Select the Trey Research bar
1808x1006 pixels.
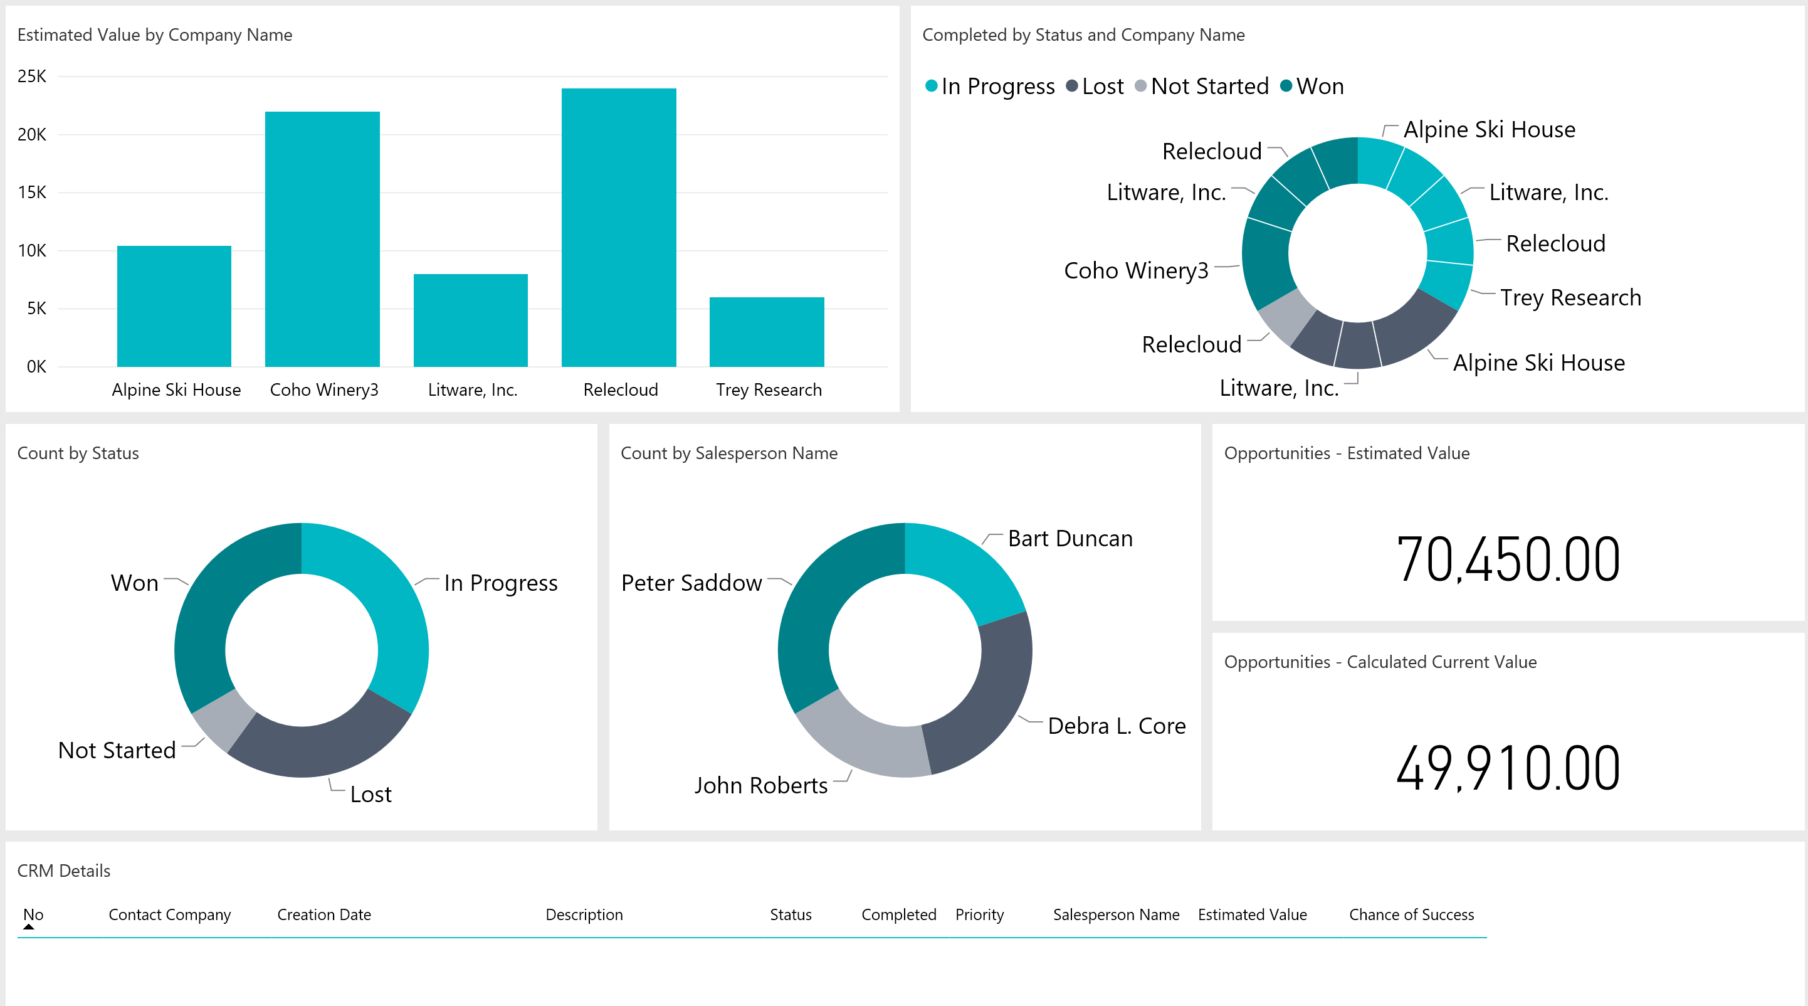(x=767, y=331)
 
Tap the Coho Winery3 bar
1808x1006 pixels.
(x=322, y=239)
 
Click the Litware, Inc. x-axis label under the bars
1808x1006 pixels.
(x=472, y=389)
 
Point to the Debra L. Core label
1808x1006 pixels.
(x=1116, y=726)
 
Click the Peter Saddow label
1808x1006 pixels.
(x=691, y=583)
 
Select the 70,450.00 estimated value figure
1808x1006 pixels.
(x=1508, y=559)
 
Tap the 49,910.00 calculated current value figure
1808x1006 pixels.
(x=1508, y=768)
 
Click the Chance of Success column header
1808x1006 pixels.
(x=1411, y=914)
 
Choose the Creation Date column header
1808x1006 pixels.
(x=323, y=914)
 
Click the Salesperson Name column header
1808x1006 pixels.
(x=1115, y=914)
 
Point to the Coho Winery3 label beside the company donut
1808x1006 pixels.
(x=1135, y=270)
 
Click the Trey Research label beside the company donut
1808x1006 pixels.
(x=1570, y=298)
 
